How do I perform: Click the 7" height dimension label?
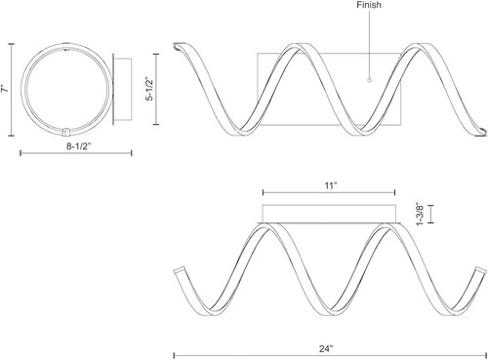click(5, 89)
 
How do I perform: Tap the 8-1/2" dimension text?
click(78, 146)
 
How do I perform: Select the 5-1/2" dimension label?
click(149, 89)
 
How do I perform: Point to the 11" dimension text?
click(331, 185)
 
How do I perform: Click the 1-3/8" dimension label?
click(420, 214)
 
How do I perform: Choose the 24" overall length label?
click(326, 348)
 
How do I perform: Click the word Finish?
click(369, 5)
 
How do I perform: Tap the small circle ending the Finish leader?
click(369, 80)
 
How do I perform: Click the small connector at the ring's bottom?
click(65, 132)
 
